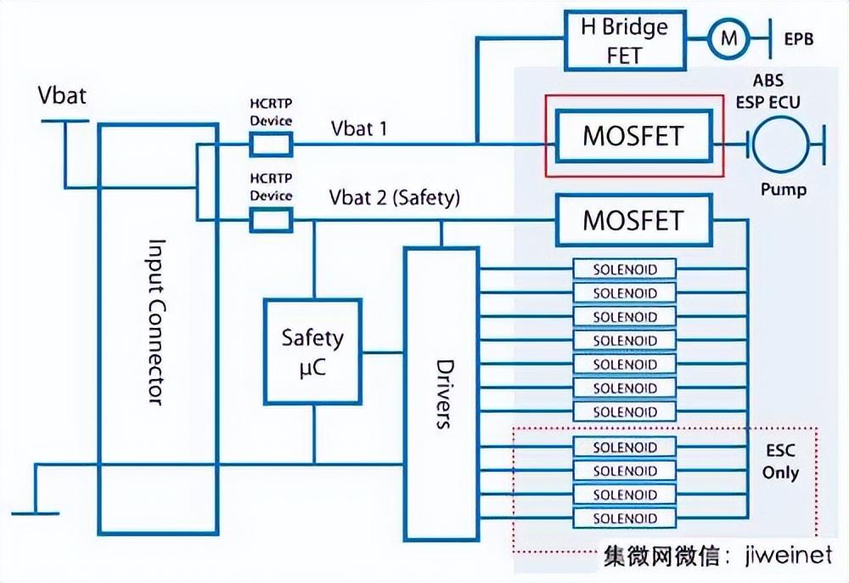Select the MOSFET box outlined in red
tap(633, 136)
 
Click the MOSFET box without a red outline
tap(633, 221)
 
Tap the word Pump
tap(783, 190)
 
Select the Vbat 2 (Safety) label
tap(394, 198)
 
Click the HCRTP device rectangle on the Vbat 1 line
tap(271, 145)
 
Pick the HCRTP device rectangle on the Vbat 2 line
tap(271, 221)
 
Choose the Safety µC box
tap(312, 352)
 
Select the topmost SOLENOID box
tap(626, 269)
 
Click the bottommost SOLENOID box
tap(626, 518)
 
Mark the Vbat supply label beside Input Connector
tap(62, 94)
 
